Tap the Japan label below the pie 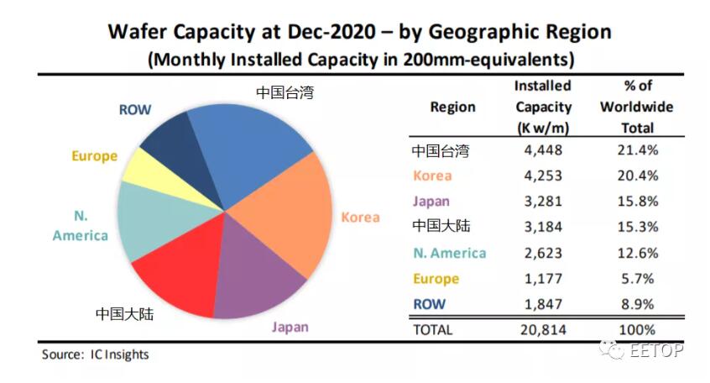pos(289,327)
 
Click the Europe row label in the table pos(435,278)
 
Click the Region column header pos(452,107)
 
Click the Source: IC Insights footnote pos(95,354)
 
